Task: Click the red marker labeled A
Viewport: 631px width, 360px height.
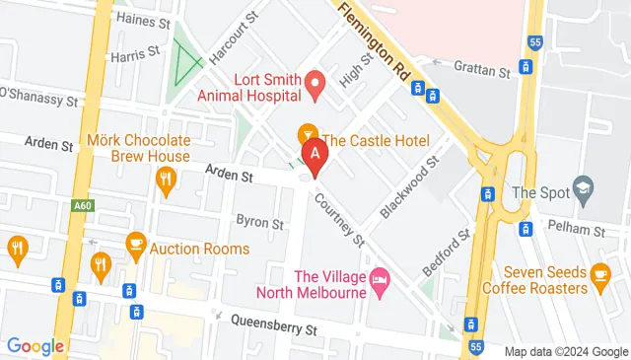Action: [315, 156]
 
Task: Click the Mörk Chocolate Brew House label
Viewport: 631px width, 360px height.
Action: [139, 148]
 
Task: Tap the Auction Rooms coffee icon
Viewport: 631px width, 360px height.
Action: [136, 243]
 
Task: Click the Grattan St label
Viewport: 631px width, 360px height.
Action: [482, 71]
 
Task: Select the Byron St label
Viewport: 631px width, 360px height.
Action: [259, 222]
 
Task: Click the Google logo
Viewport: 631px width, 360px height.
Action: [35, 346]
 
